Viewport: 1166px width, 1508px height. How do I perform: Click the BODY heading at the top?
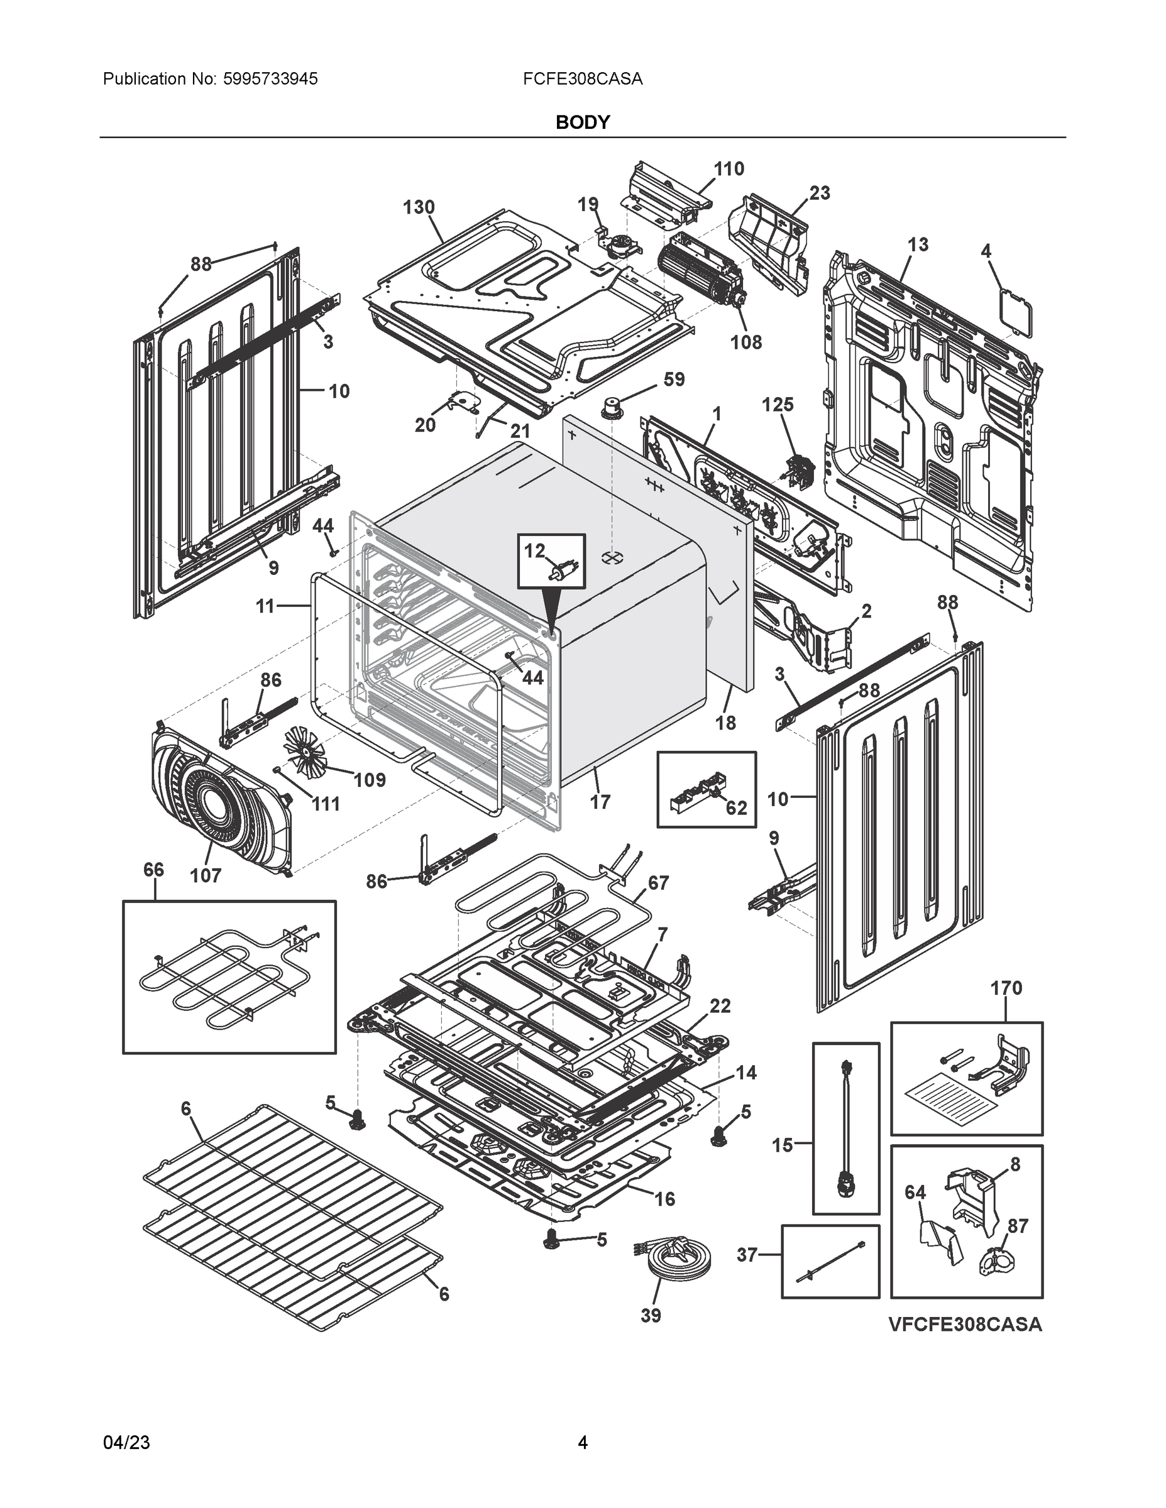tap(582, 123)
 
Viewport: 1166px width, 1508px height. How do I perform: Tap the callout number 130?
tap(419, 207)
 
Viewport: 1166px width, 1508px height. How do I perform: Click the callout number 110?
tap(728, 168)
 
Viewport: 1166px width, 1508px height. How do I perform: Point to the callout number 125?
tap(777, 405)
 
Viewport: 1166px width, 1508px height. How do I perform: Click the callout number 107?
tap(206, 875)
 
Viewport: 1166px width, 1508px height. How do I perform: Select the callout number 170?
tap(1006, 988)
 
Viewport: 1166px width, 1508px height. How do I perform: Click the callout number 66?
tap(153, 870)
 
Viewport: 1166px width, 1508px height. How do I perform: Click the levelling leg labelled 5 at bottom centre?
tap(553, 1240)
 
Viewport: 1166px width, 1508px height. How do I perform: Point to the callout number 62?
tap(736, 807)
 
